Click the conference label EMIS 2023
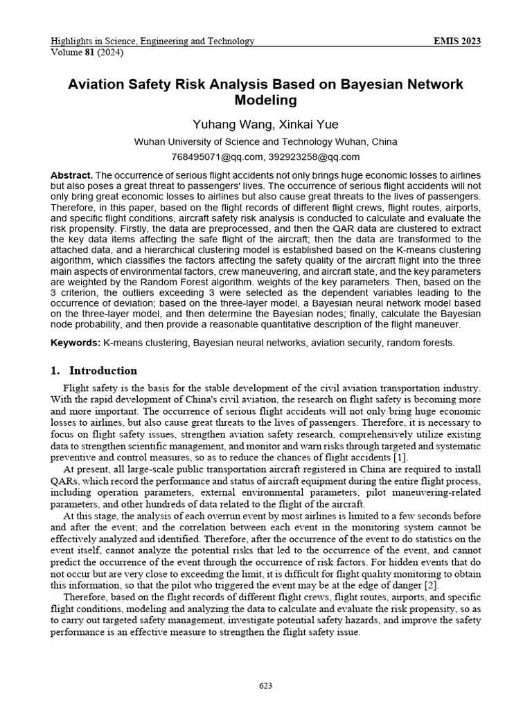pyautogui.click(x=456, y=42)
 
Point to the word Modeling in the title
pyautogui.click(x=265, y=100)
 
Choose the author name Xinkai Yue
pyautogui.click(x=308, y=125)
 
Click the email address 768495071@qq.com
pyautogui.click(x=217, y=157)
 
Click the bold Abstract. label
pyautogui.click(x=71, y=176)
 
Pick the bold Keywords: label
pyautogui.click(x=76, y=343)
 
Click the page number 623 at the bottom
pyautogui.click(x=265, y=685)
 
